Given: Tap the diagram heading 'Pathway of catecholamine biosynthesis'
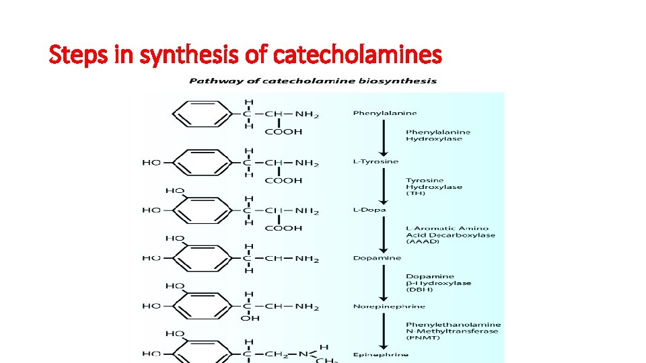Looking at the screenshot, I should point(313,81).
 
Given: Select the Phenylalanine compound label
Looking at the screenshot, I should point(385,113).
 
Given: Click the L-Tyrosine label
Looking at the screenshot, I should point(375,161).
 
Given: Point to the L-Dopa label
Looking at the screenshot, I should point(369,210).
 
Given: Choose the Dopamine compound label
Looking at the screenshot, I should point(377,258).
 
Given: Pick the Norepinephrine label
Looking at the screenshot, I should point(389,307).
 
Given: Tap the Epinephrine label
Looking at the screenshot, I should point(380,354).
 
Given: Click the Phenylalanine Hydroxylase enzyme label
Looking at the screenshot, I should point(438,135).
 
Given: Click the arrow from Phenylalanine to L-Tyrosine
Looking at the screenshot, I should point(383,137).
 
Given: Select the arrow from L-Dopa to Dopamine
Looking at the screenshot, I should point(383,234).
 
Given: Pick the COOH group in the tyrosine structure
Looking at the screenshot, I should point(283,180).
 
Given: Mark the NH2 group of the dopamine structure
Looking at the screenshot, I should point(306,259).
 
